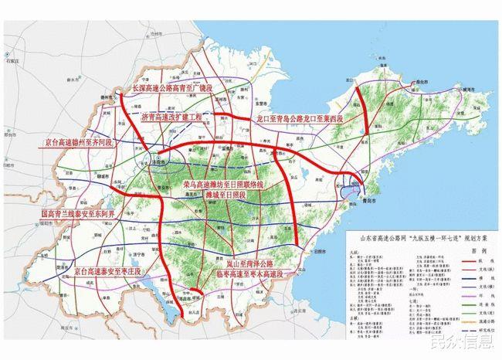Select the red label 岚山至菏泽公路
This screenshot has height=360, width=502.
coord(246,264)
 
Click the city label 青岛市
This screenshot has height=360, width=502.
coord(371,199)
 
